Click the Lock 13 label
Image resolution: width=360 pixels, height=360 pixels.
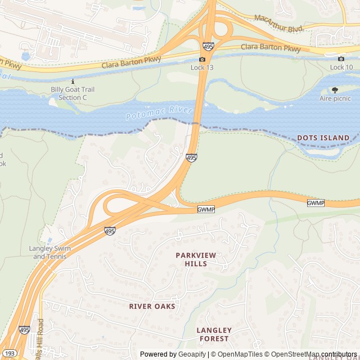coord(202,67)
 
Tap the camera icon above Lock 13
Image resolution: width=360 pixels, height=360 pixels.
coord(202,59)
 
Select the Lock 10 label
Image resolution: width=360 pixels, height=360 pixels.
coord(341,67)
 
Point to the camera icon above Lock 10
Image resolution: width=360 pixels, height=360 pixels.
coord(341,58)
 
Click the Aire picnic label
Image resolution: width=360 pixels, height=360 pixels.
coord(335,98)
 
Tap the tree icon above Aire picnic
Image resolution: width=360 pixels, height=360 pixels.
coord(335,89)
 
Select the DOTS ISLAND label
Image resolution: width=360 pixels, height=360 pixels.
coord(323,138)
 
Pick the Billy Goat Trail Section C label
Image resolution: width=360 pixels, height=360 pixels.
coord(73,93)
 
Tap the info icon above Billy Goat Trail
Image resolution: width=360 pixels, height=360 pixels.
coord(73,81)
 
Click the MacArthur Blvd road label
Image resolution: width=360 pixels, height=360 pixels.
coord(278,23)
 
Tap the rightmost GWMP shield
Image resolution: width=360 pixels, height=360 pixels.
coord(316,202)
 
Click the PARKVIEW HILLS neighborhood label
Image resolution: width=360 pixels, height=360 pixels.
coord(195,259)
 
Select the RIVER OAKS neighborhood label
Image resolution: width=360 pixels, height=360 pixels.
coord(152,307)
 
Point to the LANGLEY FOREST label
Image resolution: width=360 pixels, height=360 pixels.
coord(214,334)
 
